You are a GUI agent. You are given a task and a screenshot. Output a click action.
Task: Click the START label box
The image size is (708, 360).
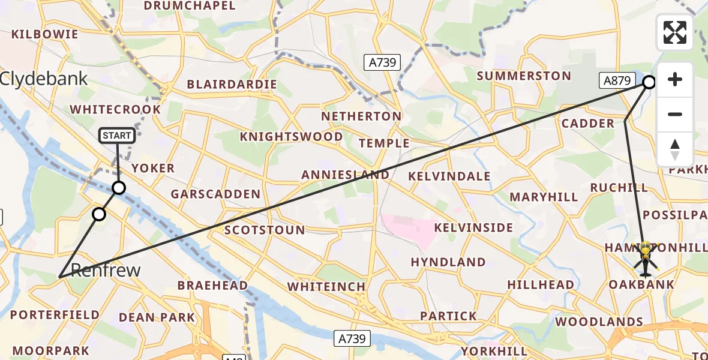(117, 136)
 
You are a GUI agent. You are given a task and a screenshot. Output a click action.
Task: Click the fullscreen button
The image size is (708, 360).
(675, 32)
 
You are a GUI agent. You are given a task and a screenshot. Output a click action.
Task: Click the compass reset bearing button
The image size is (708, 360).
(675, 149)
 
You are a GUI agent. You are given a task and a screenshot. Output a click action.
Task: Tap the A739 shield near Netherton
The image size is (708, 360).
(382, 62)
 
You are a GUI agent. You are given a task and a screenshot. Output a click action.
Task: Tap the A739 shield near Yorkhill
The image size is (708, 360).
(350, 339)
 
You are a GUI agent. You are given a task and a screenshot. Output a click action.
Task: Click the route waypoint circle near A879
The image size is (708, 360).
(649, 82)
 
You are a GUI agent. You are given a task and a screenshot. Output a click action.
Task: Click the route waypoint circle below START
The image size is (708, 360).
(119, 188)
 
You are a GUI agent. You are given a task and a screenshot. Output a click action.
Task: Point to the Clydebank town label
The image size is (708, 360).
(44, 79)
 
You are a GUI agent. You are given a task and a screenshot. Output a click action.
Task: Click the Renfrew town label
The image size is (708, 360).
(106, 270)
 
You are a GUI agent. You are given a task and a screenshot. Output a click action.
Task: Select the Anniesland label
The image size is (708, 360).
(345, 175)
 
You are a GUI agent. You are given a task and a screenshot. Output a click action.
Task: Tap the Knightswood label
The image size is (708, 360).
(291, 137)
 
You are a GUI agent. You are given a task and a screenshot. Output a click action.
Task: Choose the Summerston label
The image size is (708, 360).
(523, 76)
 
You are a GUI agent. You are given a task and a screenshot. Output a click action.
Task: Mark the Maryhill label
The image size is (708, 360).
(544, 197)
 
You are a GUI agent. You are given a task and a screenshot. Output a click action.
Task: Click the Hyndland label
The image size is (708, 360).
(448, 262)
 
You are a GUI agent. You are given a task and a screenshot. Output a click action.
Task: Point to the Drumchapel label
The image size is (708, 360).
(190, 6)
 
